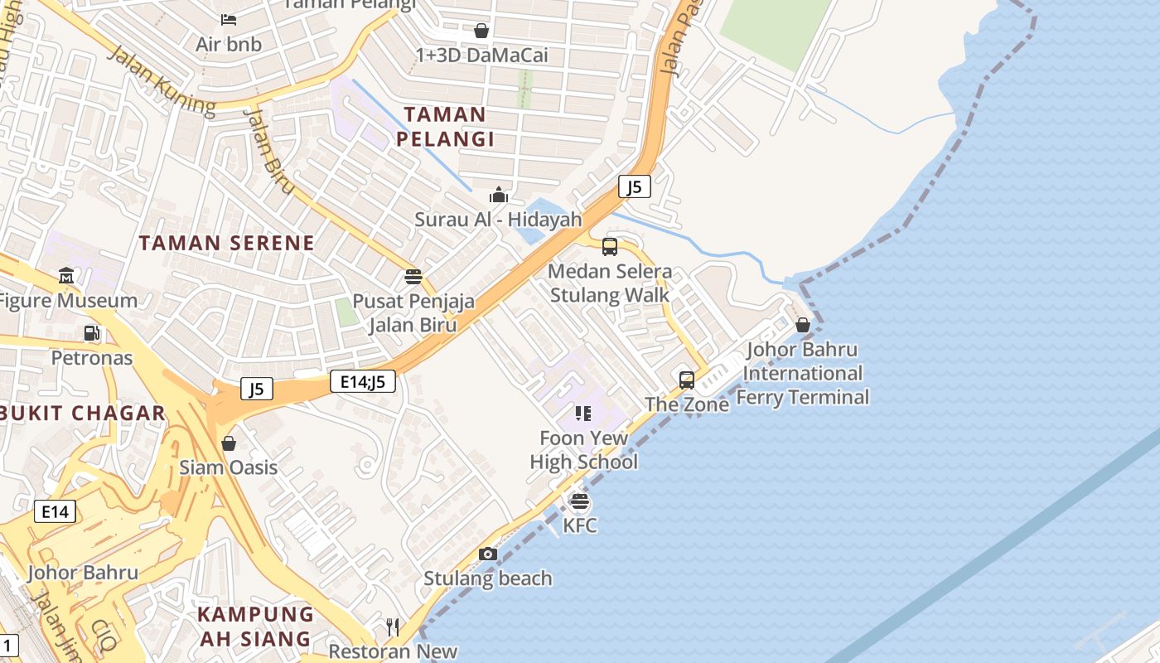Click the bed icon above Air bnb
(230, 19)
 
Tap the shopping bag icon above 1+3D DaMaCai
(481, 31)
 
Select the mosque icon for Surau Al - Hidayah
(499, 196)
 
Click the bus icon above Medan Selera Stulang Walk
(610, 246)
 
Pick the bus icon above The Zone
(687, 380)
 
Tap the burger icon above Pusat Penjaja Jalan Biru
(413, 277)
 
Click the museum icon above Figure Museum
(66, 275)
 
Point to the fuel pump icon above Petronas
(92, 333)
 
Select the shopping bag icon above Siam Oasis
(229, 443)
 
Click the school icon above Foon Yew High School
(583, 413)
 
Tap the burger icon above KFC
(580, 501)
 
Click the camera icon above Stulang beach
(488, 554)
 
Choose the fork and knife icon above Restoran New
(393, 627)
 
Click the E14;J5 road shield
(363, 381)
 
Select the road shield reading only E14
(56, 511)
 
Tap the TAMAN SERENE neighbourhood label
(226, 243)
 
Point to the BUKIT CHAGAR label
(83, 413)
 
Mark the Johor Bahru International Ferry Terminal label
(802, 373)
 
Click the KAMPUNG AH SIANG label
(255, 627)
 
